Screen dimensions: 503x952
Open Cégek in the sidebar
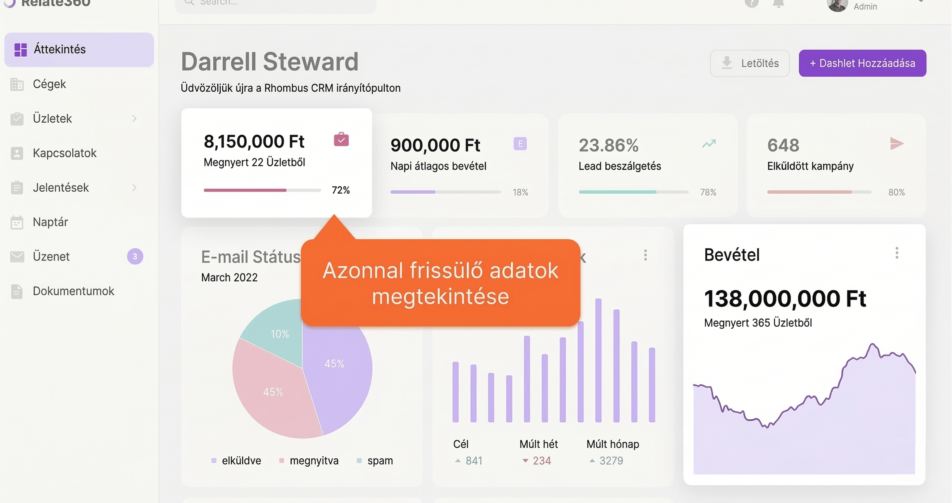(49, 84)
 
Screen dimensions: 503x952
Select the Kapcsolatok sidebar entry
(64, 153)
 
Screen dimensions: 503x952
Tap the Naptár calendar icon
(17, 222)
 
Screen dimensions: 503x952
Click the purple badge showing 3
(135, 256)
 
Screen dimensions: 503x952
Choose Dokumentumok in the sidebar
(73, 291)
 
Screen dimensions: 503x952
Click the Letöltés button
(750, 63)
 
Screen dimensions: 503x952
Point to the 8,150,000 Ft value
(254, 142)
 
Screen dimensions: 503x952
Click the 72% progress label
(340, 190)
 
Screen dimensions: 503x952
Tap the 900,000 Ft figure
(435, 145)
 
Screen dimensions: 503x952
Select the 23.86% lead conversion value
(608, 145)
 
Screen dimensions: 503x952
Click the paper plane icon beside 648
(896, 144)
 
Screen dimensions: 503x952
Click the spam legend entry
(380, 461)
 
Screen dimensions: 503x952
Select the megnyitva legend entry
(314, 461)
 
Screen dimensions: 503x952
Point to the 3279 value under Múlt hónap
(611, 461)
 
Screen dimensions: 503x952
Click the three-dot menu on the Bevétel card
(897, 253)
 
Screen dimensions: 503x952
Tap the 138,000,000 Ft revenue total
(785, 299)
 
